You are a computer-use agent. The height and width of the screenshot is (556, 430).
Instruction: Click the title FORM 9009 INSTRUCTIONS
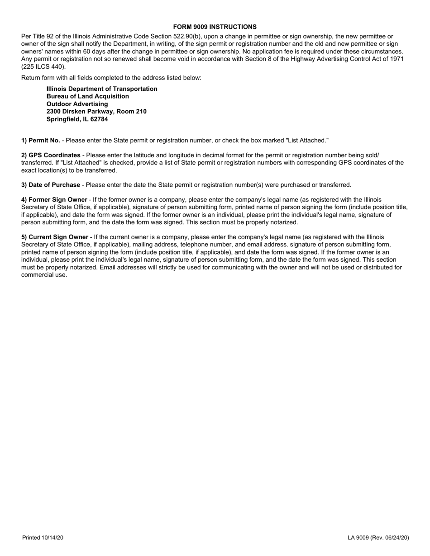click(215, 27)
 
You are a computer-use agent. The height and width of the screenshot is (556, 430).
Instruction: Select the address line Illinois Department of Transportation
click(102, 89)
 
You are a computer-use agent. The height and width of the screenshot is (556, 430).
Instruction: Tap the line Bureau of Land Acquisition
click(87, 97)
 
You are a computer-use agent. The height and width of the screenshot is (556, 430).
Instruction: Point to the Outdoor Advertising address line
click(77, 104)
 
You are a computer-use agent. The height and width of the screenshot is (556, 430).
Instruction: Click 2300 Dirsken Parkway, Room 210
click(96, 112)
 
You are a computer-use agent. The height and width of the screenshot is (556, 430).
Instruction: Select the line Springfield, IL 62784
click(77, 119)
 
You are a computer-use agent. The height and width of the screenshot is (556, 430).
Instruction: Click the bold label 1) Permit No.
click(41, 141)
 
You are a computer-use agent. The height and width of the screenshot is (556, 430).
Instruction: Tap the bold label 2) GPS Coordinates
click(51, 155)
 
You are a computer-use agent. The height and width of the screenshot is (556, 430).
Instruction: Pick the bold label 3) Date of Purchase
click(51, 185)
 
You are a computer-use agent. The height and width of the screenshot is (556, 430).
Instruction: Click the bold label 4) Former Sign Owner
click(54, 200)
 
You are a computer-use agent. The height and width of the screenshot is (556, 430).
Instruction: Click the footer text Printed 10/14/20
click(43, 538)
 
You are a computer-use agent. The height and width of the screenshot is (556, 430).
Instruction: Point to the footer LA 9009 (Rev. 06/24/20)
click(378, 538)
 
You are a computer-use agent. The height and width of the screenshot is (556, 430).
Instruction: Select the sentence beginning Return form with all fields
click(111, 78)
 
